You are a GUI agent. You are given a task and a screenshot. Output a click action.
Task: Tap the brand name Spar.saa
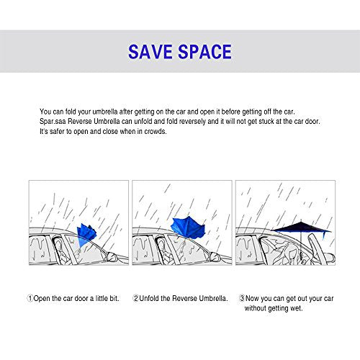pos(54,121)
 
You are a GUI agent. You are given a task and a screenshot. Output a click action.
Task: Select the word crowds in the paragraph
pos(155,131)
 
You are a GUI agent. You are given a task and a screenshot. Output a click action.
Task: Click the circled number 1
pos(31,298)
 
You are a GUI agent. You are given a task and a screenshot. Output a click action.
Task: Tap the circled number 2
pos(136,298)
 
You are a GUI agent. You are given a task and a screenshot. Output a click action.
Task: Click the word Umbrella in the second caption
pos(212,298)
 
